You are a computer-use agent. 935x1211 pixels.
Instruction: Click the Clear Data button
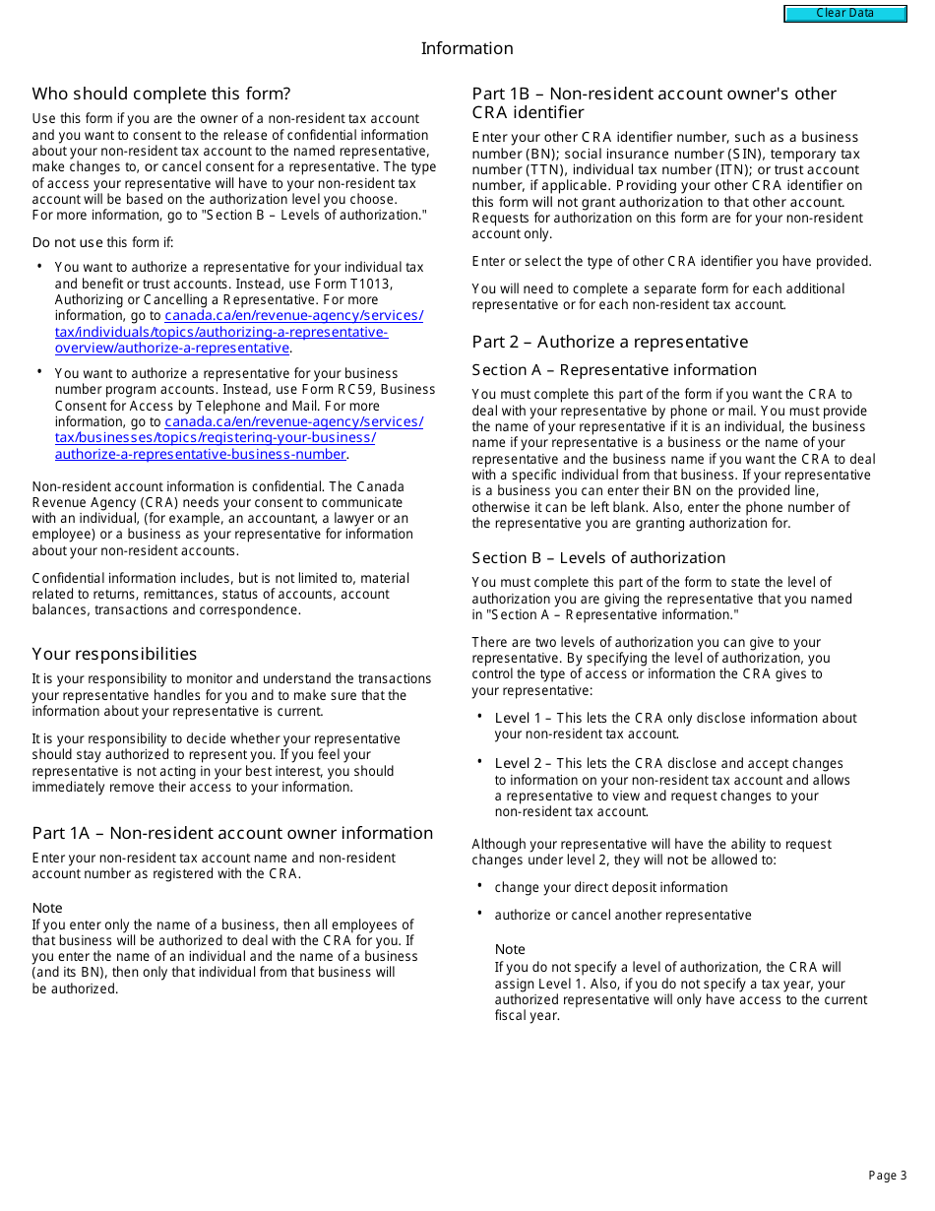pyautogui.click(x=844, y=14)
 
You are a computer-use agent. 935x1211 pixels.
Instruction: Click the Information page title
pyautogui.click(x=467, y=48)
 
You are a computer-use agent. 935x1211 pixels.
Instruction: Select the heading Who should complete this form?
pyautogui.click(x=161, y=94)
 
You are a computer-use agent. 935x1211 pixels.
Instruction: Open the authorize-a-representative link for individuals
pyautogui.click(x=238, y=332)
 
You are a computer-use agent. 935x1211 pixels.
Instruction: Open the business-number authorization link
pyautogui.click(x=238, y=438)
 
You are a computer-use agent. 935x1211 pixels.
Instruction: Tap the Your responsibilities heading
pyautogui.click(x=114, y=654)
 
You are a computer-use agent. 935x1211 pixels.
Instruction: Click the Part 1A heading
pyautogui.click(x=232, y=833)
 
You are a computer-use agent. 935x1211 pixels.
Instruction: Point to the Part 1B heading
pyautogui.click(x=654, y=102)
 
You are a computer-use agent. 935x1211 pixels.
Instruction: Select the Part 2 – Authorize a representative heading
pyautogui.click(x=609, y=342)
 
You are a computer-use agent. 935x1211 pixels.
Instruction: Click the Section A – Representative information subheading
pyautogui.click(x=614, y=370)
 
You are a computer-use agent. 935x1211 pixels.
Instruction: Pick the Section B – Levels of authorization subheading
pyautogui.click(x=598, y=557)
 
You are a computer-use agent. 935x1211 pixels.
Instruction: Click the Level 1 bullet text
pyautogui.click(x=674, y=726)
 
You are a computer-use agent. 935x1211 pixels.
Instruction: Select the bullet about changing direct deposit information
pyautogui.click(x=610, y=887)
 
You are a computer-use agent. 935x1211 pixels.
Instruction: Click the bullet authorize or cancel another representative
pyautogui.click(x=622, y=915)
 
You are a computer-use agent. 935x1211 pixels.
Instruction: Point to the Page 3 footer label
pyautogui.click(x=887, y=1176)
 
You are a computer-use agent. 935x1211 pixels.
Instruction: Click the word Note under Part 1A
pyautogui.click(x=47, y=908)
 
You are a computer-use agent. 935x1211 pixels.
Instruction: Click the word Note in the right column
pyautogui.click(x=510, y=949)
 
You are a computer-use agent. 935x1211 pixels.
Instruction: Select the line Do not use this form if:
pyautogui.click(x=102, y=242)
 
